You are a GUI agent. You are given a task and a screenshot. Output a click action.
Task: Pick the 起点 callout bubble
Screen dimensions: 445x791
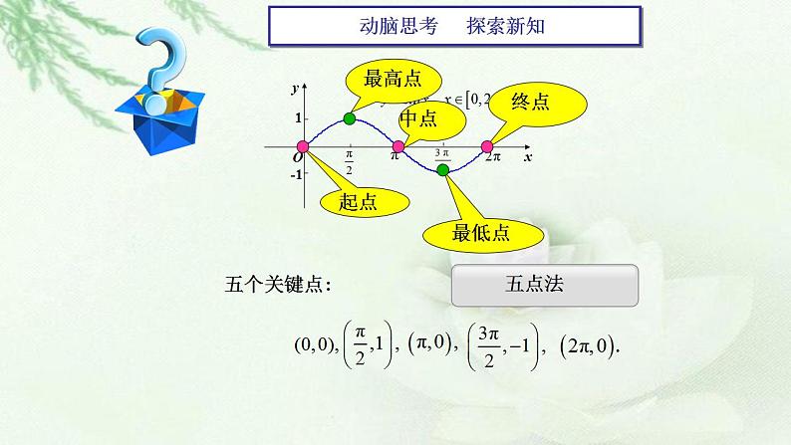358,202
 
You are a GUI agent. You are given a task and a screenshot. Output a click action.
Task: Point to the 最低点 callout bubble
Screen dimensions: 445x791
481,234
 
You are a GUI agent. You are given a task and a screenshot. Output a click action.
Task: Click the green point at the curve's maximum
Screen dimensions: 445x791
349,119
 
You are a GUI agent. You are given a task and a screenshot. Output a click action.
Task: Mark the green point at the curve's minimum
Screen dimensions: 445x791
443,170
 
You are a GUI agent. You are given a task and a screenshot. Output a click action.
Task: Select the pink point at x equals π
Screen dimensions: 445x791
397,147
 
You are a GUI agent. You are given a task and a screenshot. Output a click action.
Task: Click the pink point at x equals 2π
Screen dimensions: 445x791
487,147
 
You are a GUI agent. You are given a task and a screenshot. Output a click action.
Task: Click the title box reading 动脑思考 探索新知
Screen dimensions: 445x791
453,28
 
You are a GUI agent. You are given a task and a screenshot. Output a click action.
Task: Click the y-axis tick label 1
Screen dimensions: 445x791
296,118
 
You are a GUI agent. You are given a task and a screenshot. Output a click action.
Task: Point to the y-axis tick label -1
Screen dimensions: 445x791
296,175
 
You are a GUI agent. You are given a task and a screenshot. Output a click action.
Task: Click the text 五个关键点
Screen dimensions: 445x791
278,287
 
